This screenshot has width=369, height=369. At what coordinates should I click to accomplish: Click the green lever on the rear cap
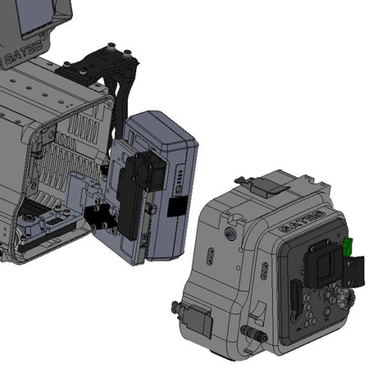click(348, 245)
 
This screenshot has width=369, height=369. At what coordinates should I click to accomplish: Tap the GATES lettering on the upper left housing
click(24, 52)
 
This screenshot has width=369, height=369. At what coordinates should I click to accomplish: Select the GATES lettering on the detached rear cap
click(302, 221)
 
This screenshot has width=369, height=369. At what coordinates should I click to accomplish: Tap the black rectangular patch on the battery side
click(177, 206)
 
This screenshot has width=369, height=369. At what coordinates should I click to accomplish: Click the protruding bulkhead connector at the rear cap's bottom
click(254, 334)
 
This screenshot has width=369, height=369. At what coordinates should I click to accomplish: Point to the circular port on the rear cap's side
click(230, 233)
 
